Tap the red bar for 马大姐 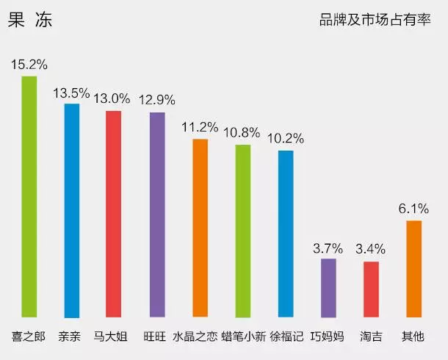point(113,215)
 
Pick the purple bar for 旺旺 point(157,215)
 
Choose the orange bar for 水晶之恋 point(200,228)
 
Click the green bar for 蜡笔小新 point(243,231)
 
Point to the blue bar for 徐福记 point(286,234)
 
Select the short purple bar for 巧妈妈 point(328,288)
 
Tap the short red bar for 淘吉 point(371,289)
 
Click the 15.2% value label point(29,64)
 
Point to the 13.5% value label point(72,93)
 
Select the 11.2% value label point(200,127)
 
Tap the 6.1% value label point(413,209)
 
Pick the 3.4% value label point(370,249)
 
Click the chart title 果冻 point(30,21)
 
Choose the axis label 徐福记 point(286,337)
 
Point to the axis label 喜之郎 point(29,337)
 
